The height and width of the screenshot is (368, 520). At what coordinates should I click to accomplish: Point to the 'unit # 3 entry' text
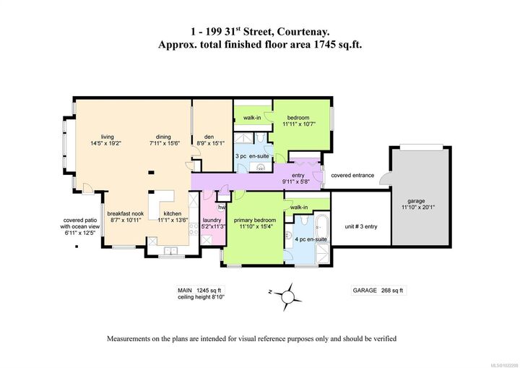click(360, 226)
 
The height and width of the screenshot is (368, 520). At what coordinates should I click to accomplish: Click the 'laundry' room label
click(212, 220)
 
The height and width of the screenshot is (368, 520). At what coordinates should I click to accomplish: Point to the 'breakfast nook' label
click(124, 213)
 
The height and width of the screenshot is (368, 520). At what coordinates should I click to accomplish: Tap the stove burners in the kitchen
click(194, 228)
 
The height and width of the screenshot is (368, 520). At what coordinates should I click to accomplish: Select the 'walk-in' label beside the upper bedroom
click(252, 118)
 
